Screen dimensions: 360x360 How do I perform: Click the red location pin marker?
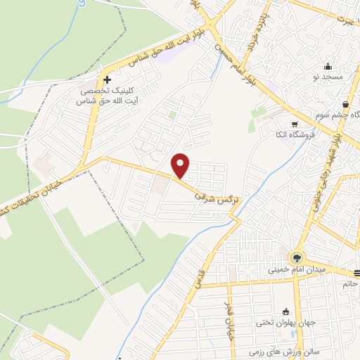[x=181, y=165]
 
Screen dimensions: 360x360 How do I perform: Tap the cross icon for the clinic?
[x=106, y=80]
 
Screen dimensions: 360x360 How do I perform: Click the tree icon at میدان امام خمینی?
[x=297, y=257]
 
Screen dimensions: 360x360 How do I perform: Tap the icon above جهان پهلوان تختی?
[x=285, y=311]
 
